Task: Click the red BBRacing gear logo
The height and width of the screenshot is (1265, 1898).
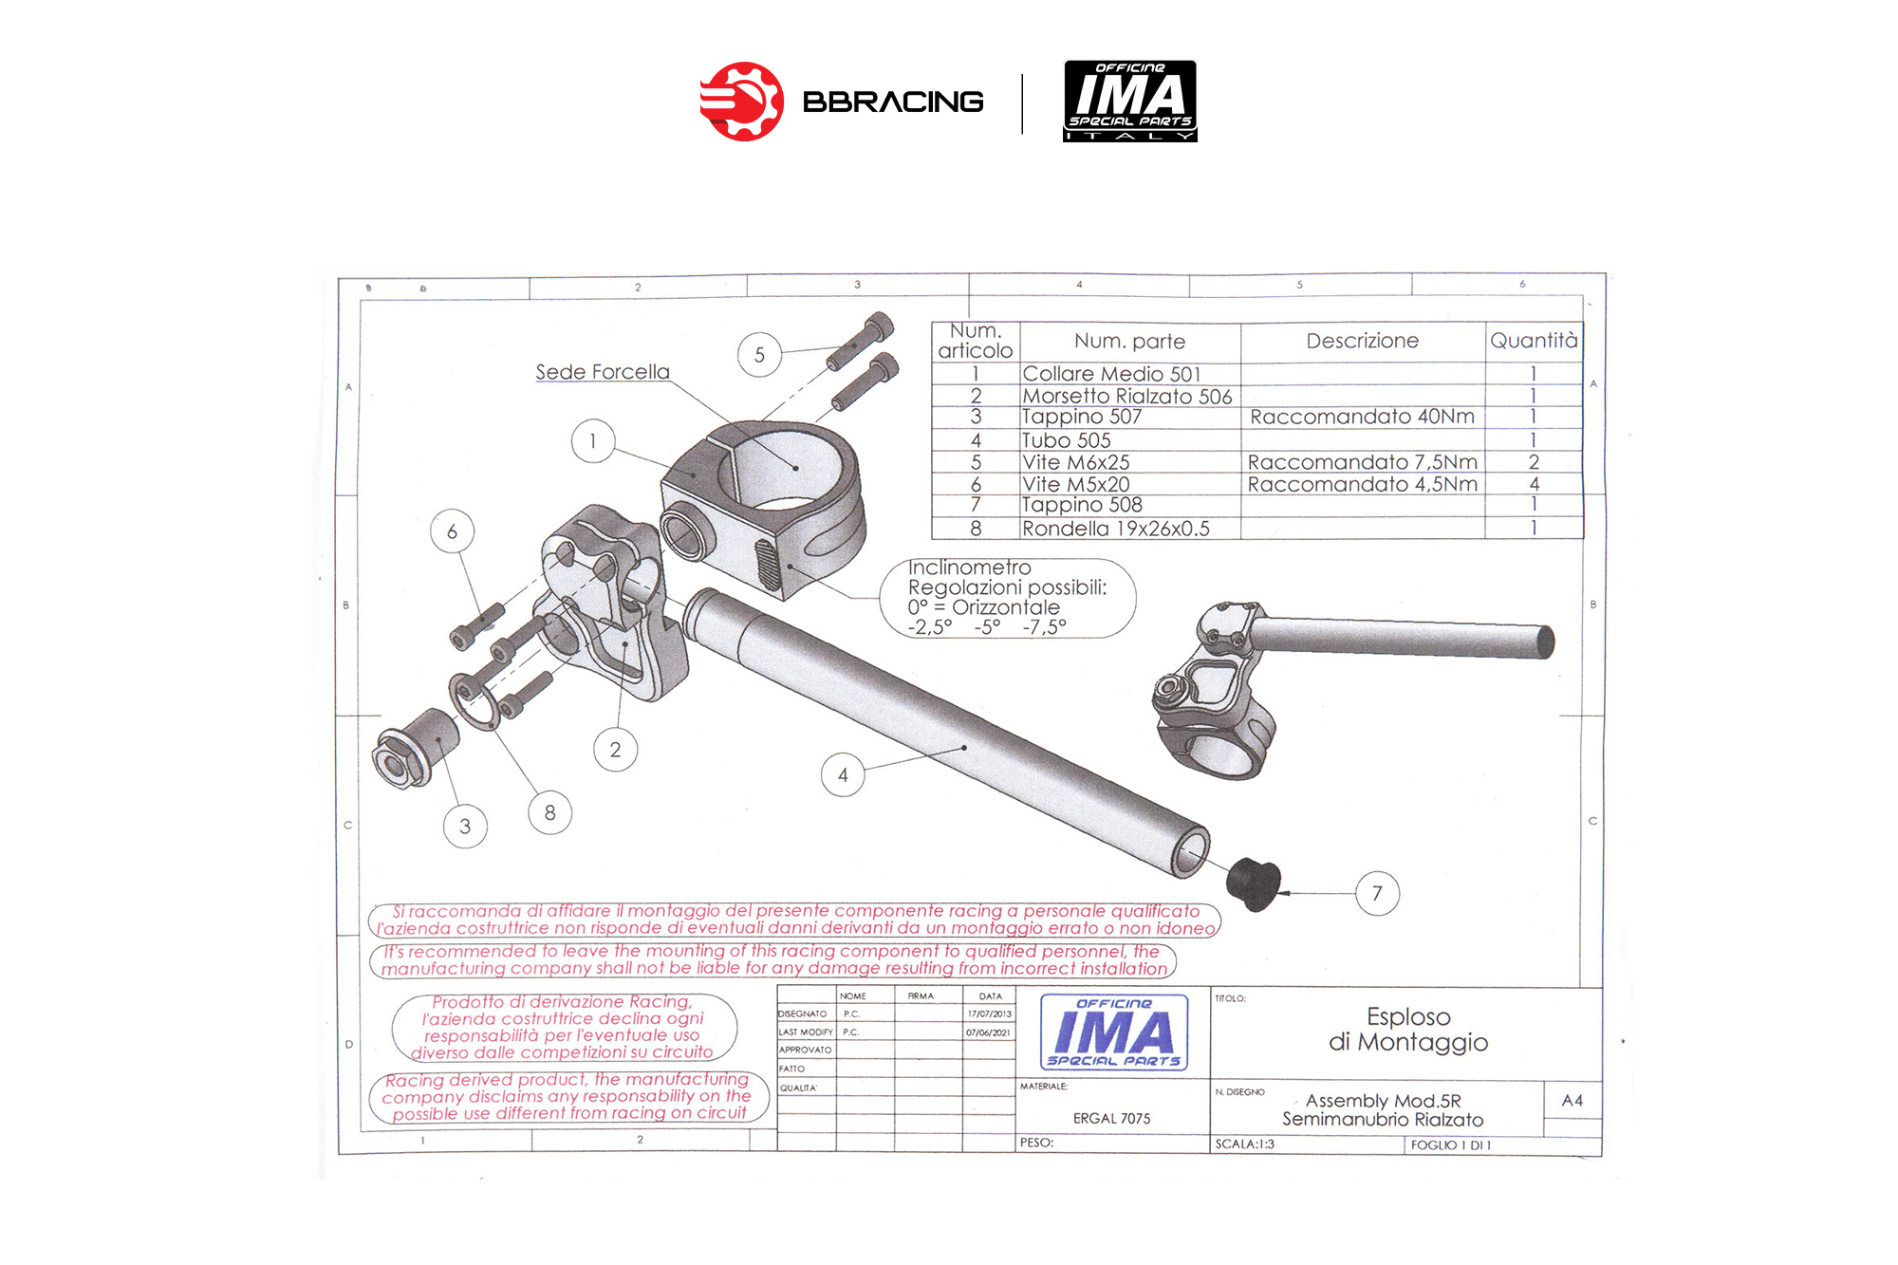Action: [742, 102]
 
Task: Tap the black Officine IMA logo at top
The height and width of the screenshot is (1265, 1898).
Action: [1130, 101]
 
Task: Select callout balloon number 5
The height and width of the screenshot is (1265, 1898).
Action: [759, 355]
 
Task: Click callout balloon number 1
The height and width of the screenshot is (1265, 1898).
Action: [593, 441]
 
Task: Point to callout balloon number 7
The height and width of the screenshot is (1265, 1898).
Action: [1377, 893]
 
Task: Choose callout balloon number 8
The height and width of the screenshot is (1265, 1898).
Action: [550, 812]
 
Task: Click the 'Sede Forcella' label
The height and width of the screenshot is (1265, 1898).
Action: [603, 372]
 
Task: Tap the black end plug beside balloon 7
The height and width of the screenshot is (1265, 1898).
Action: [1254, 884]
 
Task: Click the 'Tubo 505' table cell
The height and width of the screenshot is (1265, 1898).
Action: [1066, 440]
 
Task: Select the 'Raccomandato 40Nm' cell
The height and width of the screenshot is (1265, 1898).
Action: [1362, 417]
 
